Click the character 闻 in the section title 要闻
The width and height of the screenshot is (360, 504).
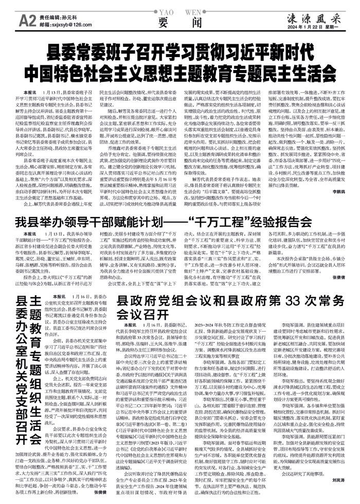click(x=189, y=23)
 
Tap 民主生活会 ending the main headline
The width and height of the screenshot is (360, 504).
click(x=281, y=70)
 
